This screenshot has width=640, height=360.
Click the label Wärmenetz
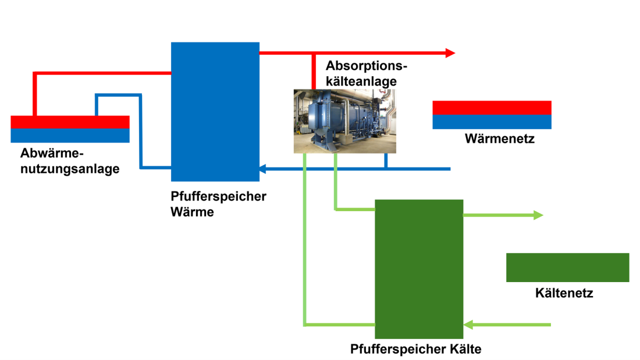coord(499,139)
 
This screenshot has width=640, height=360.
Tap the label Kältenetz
coord(564,293)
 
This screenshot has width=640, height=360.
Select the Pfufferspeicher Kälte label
coord(415,349)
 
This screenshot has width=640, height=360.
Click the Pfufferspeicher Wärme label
coord(218,204)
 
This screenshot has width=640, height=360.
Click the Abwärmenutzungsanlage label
coord(70,162)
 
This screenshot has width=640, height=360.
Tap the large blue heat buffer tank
coord(215,111)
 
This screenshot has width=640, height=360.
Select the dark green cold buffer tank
coord(419,269)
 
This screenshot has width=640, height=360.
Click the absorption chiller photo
coord(344,121)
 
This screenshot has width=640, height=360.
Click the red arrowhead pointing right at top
coord(450,53)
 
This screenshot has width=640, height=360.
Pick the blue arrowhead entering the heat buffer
coord(262,169)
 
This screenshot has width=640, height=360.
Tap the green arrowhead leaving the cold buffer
coord(538,215)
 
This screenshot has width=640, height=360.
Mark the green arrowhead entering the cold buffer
coord(468,324)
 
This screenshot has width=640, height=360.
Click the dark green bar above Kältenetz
coord(567,268)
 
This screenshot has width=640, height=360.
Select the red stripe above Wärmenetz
coord(492,108)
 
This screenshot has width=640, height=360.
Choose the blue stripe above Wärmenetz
coord(492,122)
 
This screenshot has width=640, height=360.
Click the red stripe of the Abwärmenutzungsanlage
coord(70,122)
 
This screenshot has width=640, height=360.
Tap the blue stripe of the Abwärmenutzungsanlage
coord(70,135)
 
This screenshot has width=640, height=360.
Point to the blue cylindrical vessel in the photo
coord(326,116)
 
